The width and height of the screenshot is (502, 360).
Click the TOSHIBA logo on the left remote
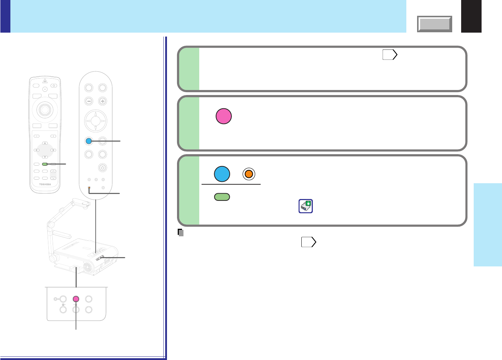(45, 184)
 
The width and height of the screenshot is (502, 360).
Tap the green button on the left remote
(45, 164)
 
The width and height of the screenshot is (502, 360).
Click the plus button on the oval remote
(102, 101)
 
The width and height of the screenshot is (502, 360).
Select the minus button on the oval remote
(89, 101)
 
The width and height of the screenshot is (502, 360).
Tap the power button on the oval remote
(102, 167)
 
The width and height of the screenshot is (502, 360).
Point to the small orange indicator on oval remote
(89, 188)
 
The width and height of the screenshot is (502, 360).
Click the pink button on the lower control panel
(76, 299)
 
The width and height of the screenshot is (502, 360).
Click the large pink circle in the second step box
(224, 117)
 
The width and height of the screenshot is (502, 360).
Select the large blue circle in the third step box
(222, 174)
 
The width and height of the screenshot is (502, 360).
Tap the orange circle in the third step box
(249, 174)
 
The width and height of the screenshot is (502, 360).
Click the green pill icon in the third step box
(222, 197)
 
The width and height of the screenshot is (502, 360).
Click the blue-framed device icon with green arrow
(306, 206)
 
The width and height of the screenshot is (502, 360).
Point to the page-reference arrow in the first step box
(390, 55)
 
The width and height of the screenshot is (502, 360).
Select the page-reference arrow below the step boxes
(309, 242)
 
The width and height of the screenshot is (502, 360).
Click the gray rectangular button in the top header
(435, 24)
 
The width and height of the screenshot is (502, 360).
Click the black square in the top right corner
(471, 16)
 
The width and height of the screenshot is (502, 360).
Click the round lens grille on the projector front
(87, 267)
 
